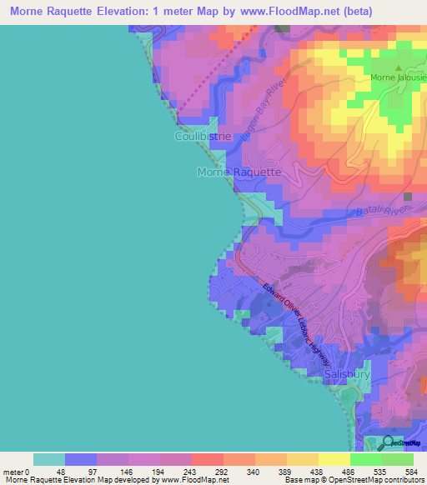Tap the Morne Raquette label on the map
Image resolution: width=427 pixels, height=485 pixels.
pos(239,172)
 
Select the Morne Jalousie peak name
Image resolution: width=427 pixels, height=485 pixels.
pos(399,79)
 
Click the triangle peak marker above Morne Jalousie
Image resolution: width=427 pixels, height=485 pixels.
pos(399,68)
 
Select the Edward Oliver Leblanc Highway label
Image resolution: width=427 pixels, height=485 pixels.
pos(296,326)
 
